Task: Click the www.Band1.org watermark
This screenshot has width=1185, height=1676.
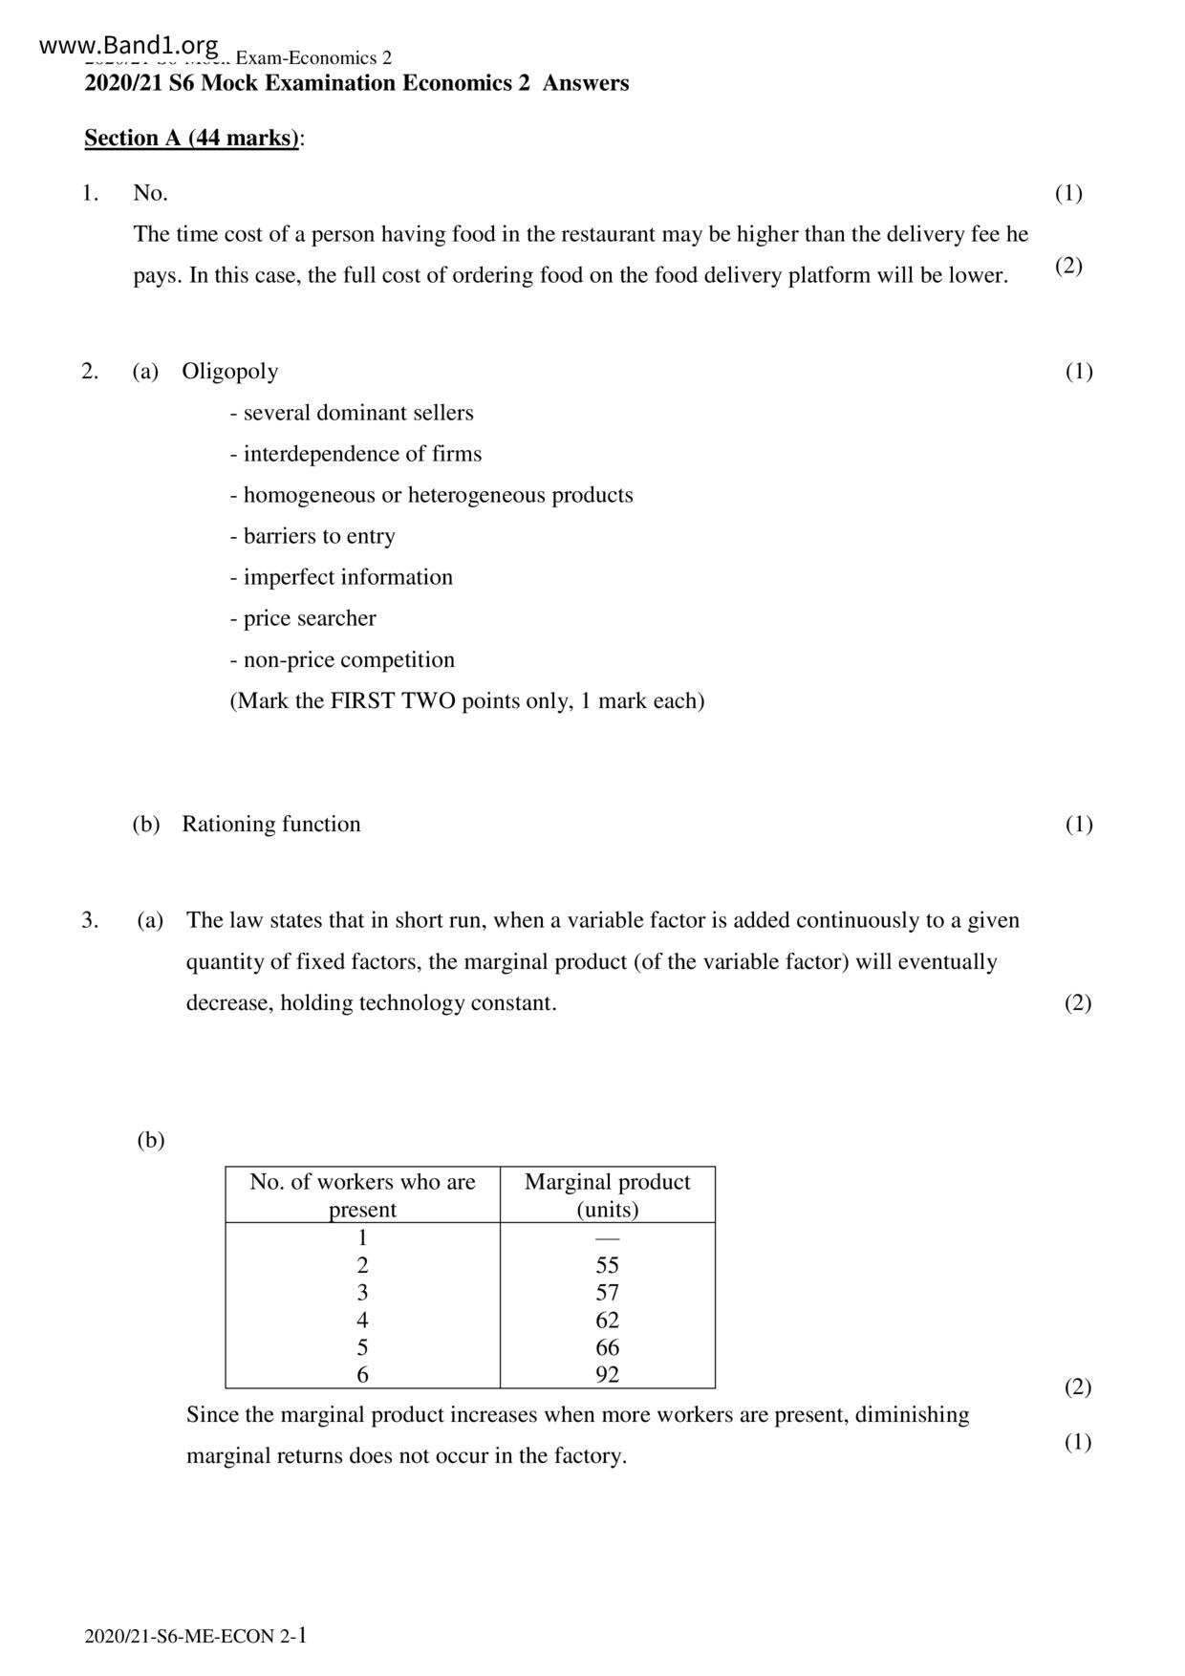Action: point(130,45)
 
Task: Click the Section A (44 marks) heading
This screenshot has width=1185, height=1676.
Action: point(191,138)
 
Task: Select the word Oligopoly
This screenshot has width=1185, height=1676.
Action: point(229,371)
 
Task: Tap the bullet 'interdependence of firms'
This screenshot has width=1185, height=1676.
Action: point(355,454)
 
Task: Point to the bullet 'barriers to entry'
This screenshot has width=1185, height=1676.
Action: point(312,536)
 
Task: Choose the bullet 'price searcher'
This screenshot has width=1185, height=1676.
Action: point(303,618)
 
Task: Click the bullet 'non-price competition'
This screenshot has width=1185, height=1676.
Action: point(342,659)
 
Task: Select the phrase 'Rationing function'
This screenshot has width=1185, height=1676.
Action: point(271,824)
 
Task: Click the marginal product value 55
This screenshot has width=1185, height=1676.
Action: point(607,1265)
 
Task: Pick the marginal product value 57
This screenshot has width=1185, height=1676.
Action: point(607,1293)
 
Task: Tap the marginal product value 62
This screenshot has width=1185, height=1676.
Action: point(607,1321)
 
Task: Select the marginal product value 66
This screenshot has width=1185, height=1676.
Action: point(607,1347)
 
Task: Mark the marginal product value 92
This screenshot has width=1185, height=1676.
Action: point(607,1375)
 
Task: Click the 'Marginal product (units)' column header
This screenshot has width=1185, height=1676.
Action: point(607,1194)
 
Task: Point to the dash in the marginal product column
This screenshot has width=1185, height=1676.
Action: point(607,1238)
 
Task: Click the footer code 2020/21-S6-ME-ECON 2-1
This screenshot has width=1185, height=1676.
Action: point(196,1636)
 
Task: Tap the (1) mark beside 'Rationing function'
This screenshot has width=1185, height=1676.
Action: point(1079,824)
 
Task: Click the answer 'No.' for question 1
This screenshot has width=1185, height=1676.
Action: point(150,193)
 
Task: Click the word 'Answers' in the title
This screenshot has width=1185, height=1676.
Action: point(586,83)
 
